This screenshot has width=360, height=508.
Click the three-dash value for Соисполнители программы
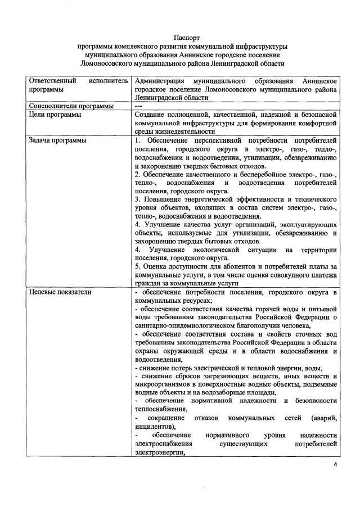139,106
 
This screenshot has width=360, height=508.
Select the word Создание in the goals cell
152,115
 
